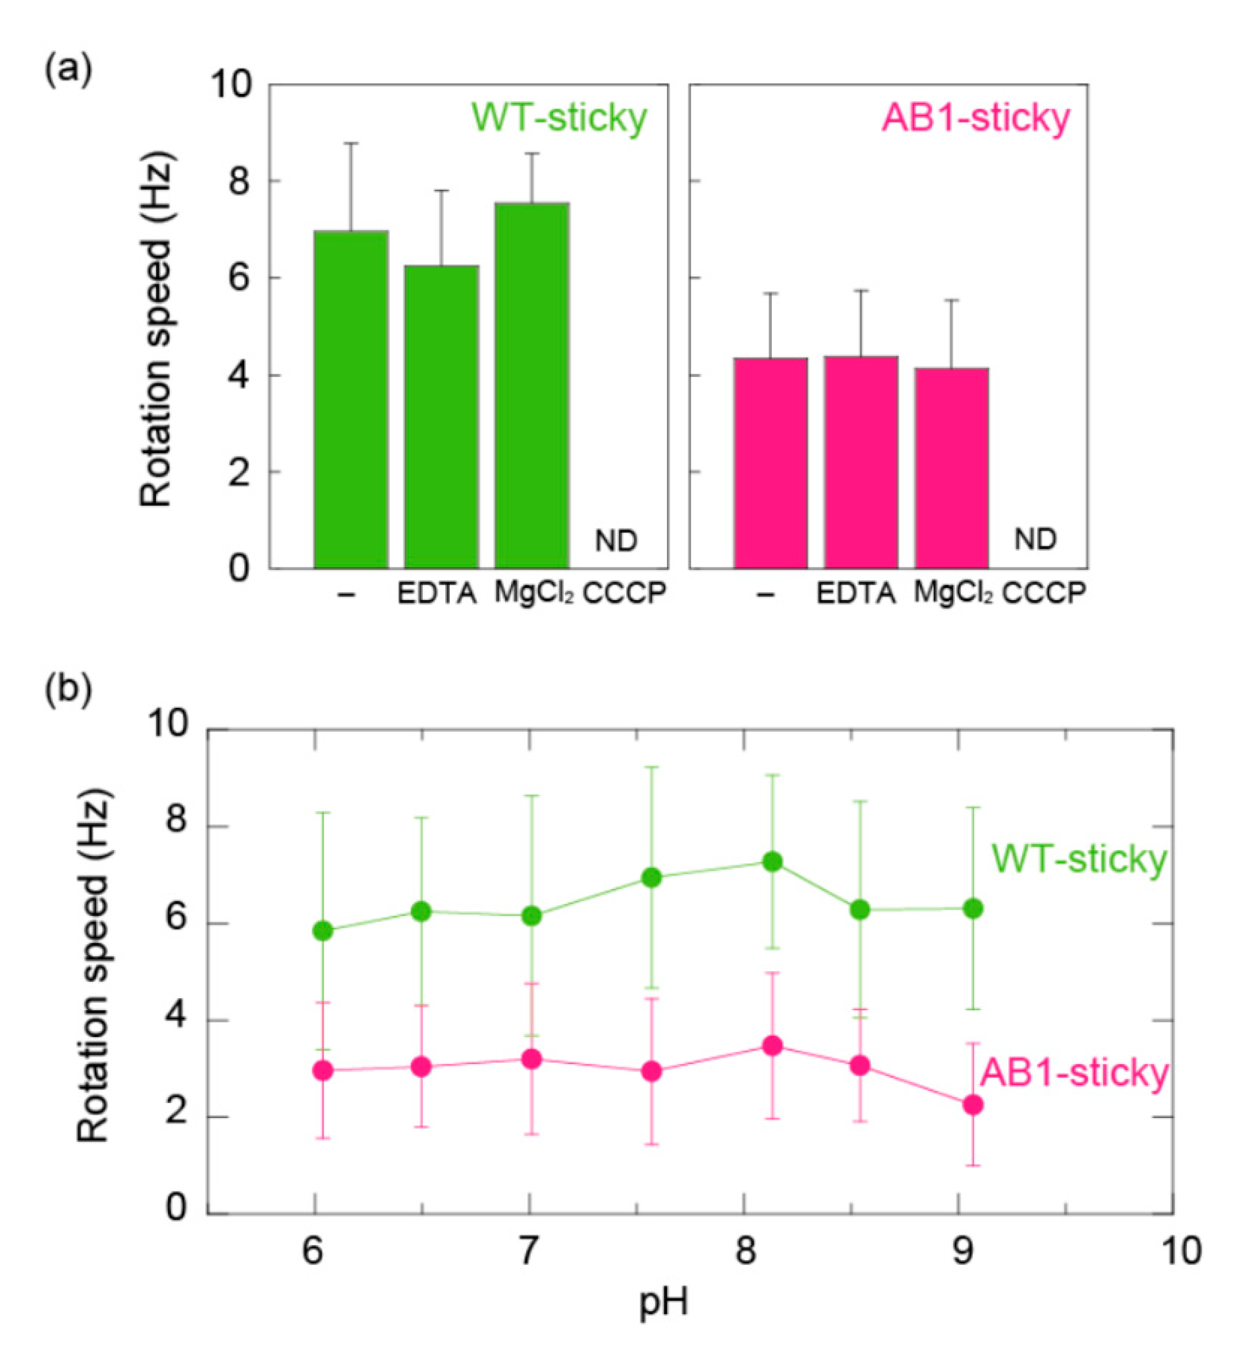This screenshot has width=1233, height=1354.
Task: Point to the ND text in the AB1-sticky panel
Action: click(1034, 539)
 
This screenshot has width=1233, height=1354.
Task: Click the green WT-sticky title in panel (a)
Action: click(559, 118)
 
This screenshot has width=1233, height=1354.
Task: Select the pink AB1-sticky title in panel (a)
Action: click(975, 118)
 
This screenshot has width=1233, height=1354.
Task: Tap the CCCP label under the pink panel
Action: click(1044, 592)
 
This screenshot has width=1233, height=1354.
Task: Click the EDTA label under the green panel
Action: click(436, 594)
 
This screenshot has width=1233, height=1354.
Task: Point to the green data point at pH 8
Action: click(772, 861)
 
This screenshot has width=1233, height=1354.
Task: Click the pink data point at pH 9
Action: click(972, 1105)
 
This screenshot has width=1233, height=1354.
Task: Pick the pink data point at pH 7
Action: click(531, 1060)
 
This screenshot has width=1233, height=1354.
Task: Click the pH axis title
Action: click(663, 1302)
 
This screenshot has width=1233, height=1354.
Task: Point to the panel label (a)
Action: click(68, 70)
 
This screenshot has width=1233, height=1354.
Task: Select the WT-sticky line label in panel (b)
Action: click(1079, 859)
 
